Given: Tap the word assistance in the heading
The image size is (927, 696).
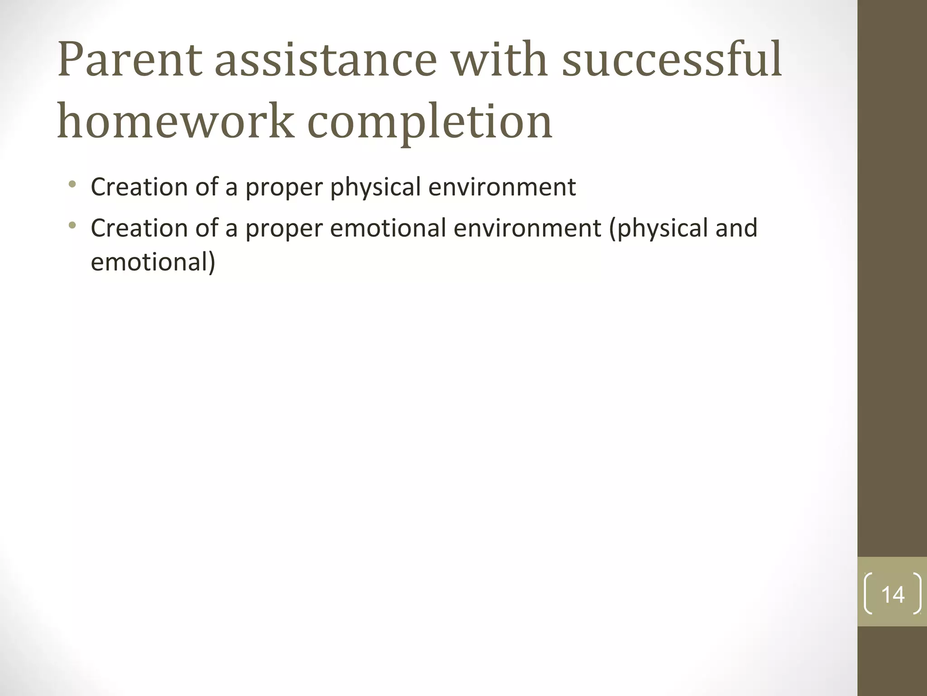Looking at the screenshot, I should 325,60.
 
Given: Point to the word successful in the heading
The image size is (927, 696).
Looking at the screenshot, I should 672,60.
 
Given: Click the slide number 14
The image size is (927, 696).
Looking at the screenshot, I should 893,594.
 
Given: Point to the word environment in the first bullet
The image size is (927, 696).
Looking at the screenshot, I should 502,187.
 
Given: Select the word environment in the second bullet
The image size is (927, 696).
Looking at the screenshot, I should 527,227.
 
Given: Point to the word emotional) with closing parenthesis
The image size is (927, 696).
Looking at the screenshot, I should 153,262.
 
